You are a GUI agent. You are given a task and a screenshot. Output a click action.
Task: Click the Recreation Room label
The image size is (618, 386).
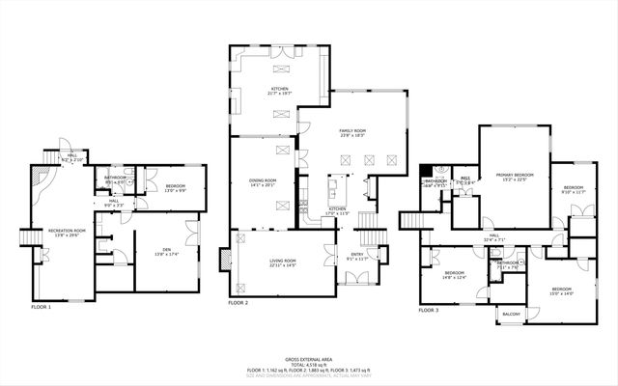(68, 232)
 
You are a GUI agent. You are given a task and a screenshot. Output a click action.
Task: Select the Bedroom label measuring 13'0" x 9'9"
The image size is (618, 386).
(174, 187)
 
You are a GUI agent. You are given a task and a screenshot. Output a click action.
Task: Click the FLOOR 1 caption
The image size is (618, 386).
(42, 306)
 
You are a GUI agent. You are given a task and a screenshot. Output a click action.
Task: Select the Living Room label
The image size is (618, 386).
(282, 262)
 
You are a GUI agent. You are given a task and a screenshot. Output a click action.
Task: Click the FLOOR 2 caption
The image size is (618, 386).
(239, 303)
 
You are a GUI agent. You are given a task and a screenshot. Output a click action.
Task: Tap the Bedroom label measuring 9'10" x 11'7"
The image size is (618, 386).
(574, 189)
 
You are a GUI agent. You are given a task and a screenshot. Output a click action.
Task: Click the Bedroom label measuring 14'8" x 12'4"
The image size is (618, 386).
(454, 275)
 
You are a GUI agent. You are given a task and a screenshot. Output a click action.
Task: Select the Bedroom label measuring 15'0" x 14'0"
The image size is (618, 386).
(562, 290)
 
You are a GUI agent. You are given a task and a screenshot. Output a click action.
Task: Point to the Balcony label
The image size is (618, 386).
(510, 315)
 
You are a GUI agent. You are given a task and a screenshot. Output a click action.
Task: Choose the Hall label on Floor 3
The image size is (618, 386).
(493, 236)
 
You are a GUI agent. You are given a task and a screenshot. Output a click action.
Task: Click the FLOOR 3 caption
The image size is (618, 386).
(428, 311)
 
